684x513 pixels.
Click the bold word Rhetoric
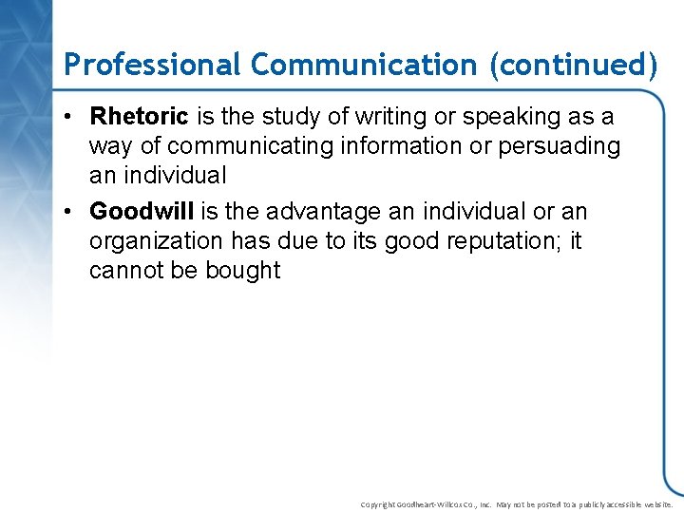click(140, 117)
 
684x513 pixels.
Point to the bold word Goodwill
click(142, 211)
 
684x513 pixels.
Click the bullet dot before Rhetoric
click(71, 118)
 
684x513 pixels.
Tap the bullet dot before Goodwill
click(71, 212)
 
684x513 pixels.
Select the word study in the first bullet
click(290, 117)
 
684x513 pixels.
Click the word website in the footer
click(655, 504)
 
